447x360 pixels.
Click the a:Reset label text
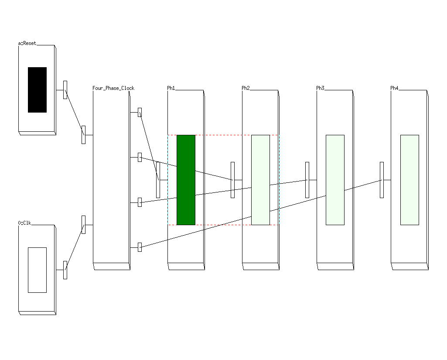27,43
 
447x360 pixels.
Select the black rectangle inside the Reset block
37,90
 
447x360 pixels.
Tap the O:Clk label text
25,223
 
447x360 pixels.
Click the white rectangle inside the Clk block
37,270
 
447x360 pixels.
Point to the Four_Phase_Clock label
113,88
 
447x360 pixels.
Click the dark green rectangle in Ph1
186,180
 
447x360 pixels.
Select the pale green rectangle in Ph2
260,180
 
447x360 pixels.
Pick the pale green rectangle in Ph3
335,180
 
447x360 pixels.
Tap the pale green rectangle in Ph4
409,180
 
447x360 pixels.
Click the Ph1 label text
171,88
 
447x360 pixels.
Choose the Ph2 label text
246,88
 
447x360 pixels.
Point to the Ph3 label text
320,88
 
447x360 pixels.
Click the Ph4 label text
394,88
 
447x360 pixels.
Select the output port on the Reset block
65,90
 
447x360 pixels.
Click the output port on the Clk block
65,270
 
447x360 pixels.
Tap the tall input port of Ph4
382,180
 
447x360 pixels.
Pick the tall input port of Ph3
307,180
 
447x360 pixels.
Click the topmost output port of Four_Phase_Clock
140,112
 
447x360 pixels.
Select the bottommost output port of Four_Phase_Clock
140,247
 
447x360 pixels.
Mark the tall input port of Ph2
232,180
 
